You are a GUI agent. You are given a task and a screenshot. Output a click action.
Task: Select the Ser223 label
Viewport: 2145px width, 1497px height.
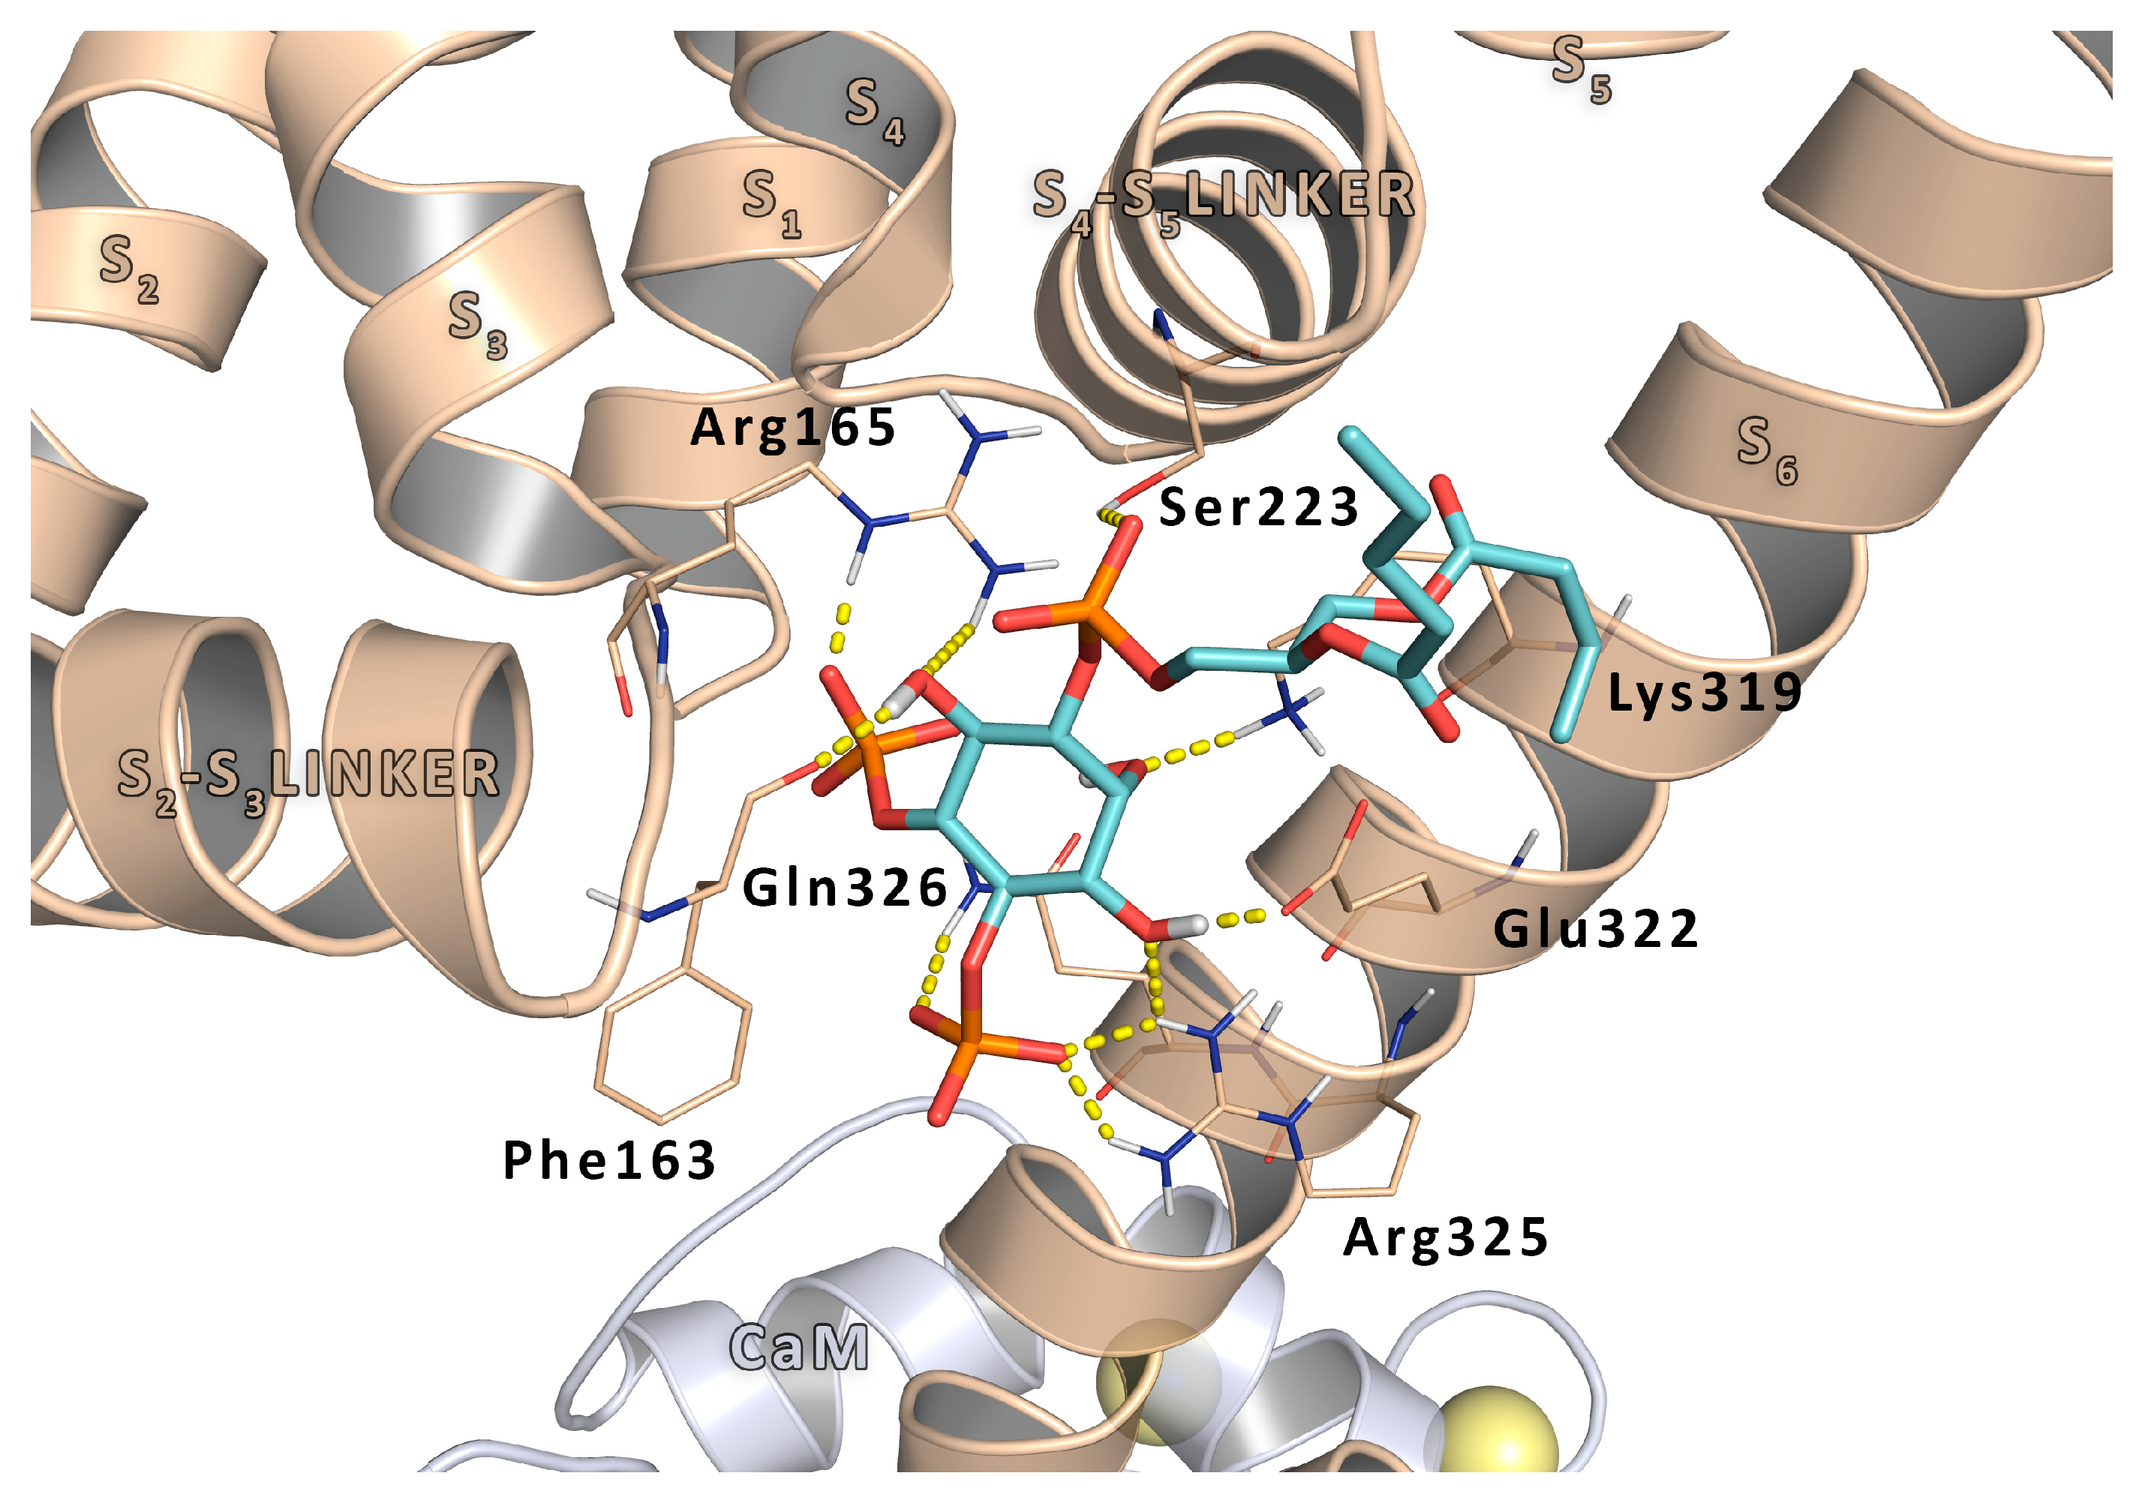[x=1257, y=507]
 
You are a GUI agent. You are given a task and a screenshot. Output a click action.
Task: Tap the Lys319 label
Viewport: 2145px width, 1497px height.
[x=1704, y=693]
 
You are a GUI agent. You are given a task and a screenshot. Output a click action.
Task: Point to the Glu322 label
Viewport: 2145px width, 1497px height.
[x=1596, y=929]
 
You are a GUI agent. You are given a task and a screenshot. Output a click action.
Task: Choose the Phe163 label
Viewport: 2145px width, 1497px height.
[x=609, y=1161]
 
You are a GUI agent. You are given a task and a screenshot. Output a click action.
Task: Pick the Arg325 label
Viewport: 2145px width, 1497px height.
[x=1445, y=1237]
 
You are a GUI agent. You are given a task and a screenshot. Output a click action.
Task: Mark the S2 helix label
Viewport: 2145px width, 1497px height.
[x=128, y=266]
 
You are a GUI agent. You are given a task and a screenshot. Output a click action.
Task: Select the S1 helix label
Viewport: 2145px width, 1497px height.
[x=771, y=203]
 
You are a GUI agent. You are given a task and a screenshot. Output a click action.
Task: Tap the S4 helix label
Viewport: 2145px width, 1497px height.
[x=873, y=110]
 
